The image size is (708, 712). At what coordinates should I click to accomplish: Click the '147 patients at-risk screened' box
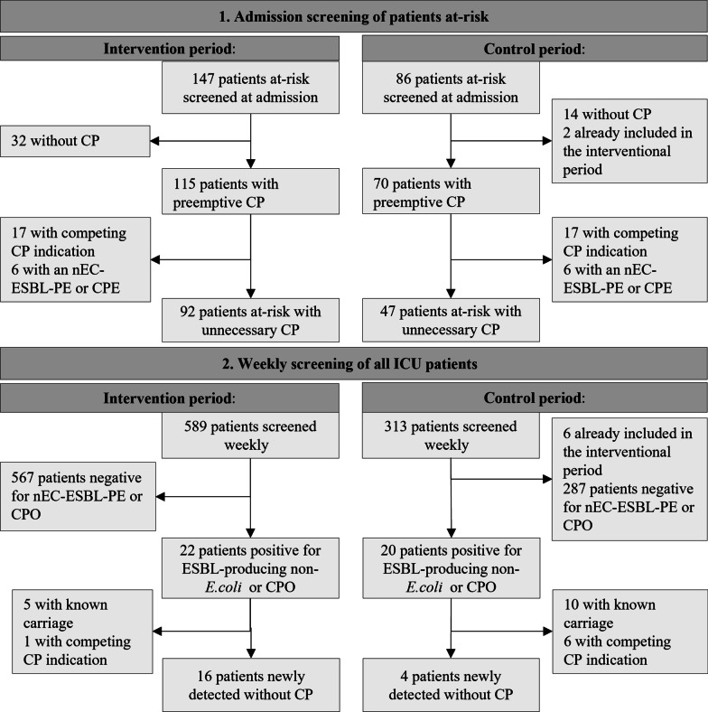point(250,87)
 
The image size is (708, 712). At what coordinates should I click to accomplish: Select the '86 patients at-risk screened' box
point(451,87)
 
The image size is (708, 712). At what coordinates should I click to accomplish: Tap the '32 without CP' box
point(75,141)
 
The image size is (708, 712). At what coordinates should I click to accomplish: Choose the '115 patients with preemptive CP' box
point(250,192)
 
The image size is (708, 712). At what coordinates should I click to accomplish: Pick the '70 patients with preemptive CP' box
point(451,192)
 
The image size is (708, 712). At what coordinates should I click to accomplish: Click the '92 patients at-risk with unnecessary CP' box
point(250,320)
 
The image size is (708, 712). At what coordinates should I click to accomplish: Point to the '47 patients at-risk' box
point(451,320)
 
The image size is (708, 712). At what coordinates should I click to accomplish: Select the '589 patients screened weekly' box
point(250,435)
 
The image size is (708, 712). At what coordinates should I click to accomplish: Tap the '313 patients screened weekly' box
point(451,435)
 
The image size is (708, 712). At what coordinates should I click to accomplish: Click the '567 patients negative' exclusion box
point(78,496)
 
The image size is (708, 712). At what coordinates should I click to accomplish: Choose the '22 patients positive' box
point(250,568)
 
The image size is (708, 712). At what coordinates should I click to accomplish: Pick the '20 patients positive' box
point(451,568)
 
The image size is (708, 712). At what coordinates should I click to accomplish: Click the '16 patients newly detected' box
point(251,685)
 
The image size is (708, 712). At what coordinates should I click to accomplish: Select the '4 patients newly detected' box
point(452,685)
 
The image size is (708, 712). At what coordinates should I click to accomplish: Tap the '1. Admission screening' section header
point(354,17)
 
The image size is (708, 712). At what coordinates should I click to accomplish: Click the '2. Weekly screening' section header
point(354,364)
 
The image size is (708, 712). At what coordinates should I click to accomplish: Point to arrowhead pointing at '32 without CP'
point(154,141)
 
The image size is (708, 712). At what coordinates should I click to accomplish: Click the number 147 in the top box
point(203,79)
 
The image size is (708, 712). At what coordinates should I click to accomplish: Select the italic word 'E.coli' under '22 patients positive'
point(223,586)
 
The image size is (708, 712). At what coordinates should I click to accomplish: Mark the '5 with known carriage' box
point(82,632)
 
